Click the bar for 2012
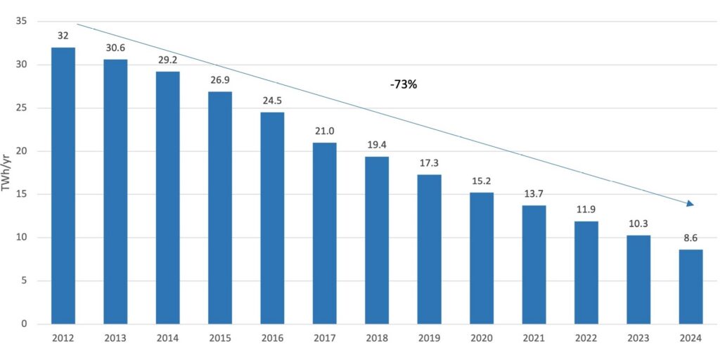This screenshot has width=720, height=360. pos(63,186)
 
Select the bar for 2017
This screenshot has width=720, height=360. pos(324,233)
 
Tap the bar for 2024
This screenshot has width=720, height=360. pos(690,287)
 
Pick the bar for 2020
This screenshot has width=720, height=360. pos(482,258)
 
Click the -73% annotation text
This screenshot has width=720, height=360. pos(404,84)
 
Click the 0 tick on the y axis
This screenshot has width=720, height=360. pos(24,324)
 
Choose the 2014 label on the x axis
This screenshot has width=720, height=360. pos(167,338)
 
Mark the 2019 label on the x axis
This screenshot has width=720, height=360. pos(429,338)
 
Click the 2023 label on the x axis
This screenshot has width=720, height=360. pos(638,338)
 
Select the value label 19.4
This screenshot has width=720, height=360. pos(377,143)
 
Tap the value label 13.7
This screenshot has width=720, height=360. pos(534,193)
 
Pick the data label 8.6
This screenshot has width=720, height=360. pos(690,237)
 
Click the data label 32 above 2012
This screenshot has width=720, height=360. pos(63,34)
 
